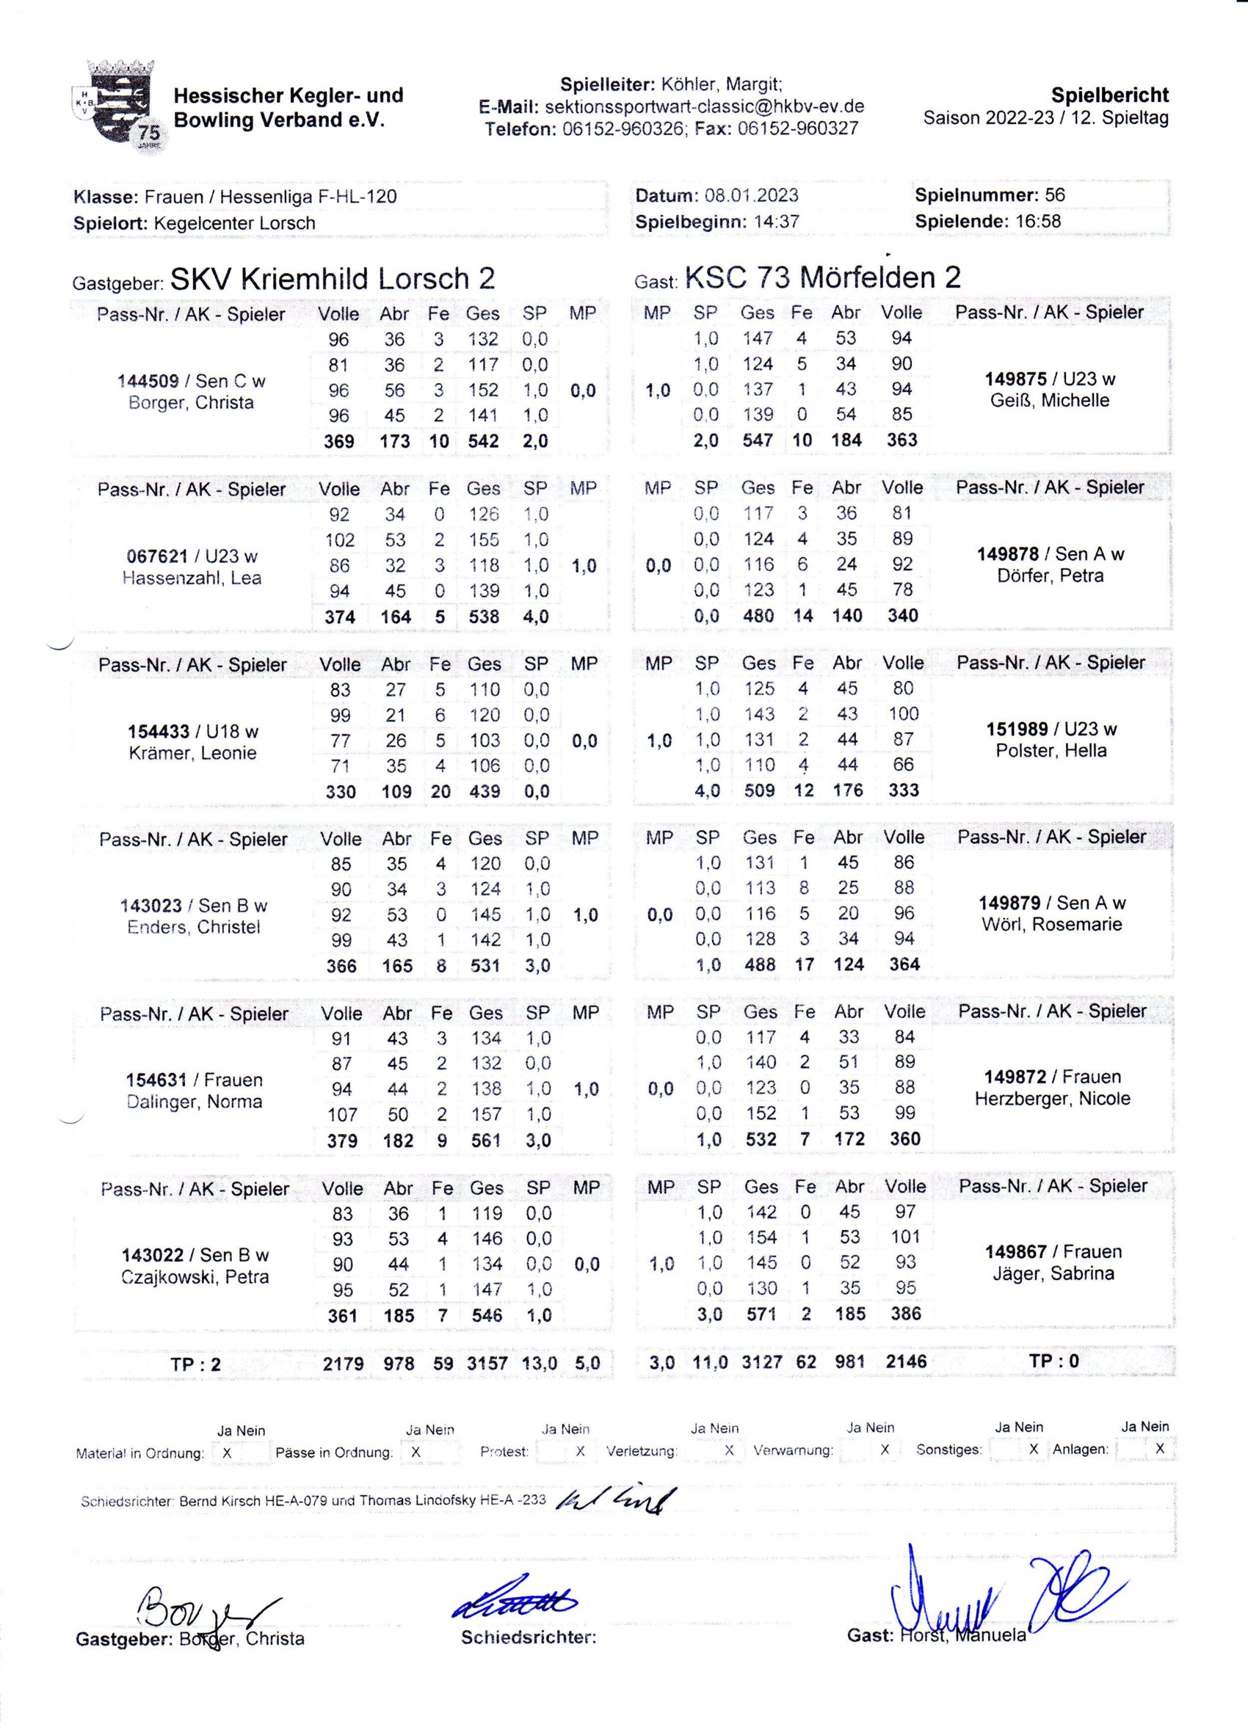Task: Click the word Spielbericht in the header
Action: (x=1109, y=95)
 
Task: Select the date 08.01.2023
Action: (x=751, y=195)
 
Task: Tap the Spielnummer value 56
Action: (x=1055, y=195)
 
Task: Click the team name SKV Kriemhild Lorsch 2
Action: (x=333, y=279)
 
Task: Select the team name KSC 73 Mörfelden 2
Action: (x=822, y=277)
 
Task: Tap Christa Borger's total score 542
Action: (x=484, y=442)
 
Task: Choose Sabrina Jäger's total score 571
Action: (x=761, y=1314)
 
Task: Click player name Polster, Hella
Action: (x=1051, y=751)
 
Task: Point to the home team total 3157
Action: (x=487, y=1364)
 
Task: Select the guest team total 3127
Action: (x=761, y=1362)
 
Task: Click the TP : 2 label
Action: (x=196, y=1364)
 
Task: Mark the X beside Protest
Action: (x=580, y=1451)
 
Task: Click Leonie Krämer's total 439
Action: (x=485, y=792)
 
